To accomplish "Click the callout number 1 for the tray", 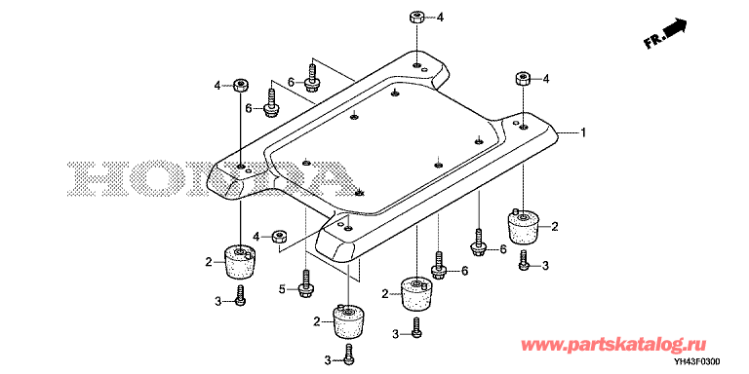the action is coord(583,132).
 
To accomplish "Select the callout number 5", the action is coord(282,288).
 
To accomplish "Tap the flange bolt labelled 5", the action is coord(304,283).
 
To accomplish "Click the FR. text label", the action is coord(654,41).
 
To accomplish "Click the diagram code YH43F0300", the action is coord(698,362).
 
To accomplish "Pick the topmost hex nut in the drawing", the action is coord(416,19).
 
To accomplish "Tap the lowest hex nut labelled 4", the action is coord(279,236).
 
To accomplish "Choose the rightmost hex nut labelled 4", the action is coord(523,78).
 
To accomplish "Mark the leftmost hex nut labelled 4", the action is coord(240,86).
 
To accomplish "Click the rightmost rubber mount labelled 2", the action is coord(523,226).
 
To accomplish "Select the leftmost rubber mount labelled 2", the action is coord(239,263).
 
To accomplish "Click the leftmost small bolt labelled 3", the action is coord(241,295).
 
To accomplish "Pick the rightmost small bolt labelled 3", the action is coord(524,259).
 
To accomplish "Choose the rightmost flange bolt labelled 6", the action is coord(478,243).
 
